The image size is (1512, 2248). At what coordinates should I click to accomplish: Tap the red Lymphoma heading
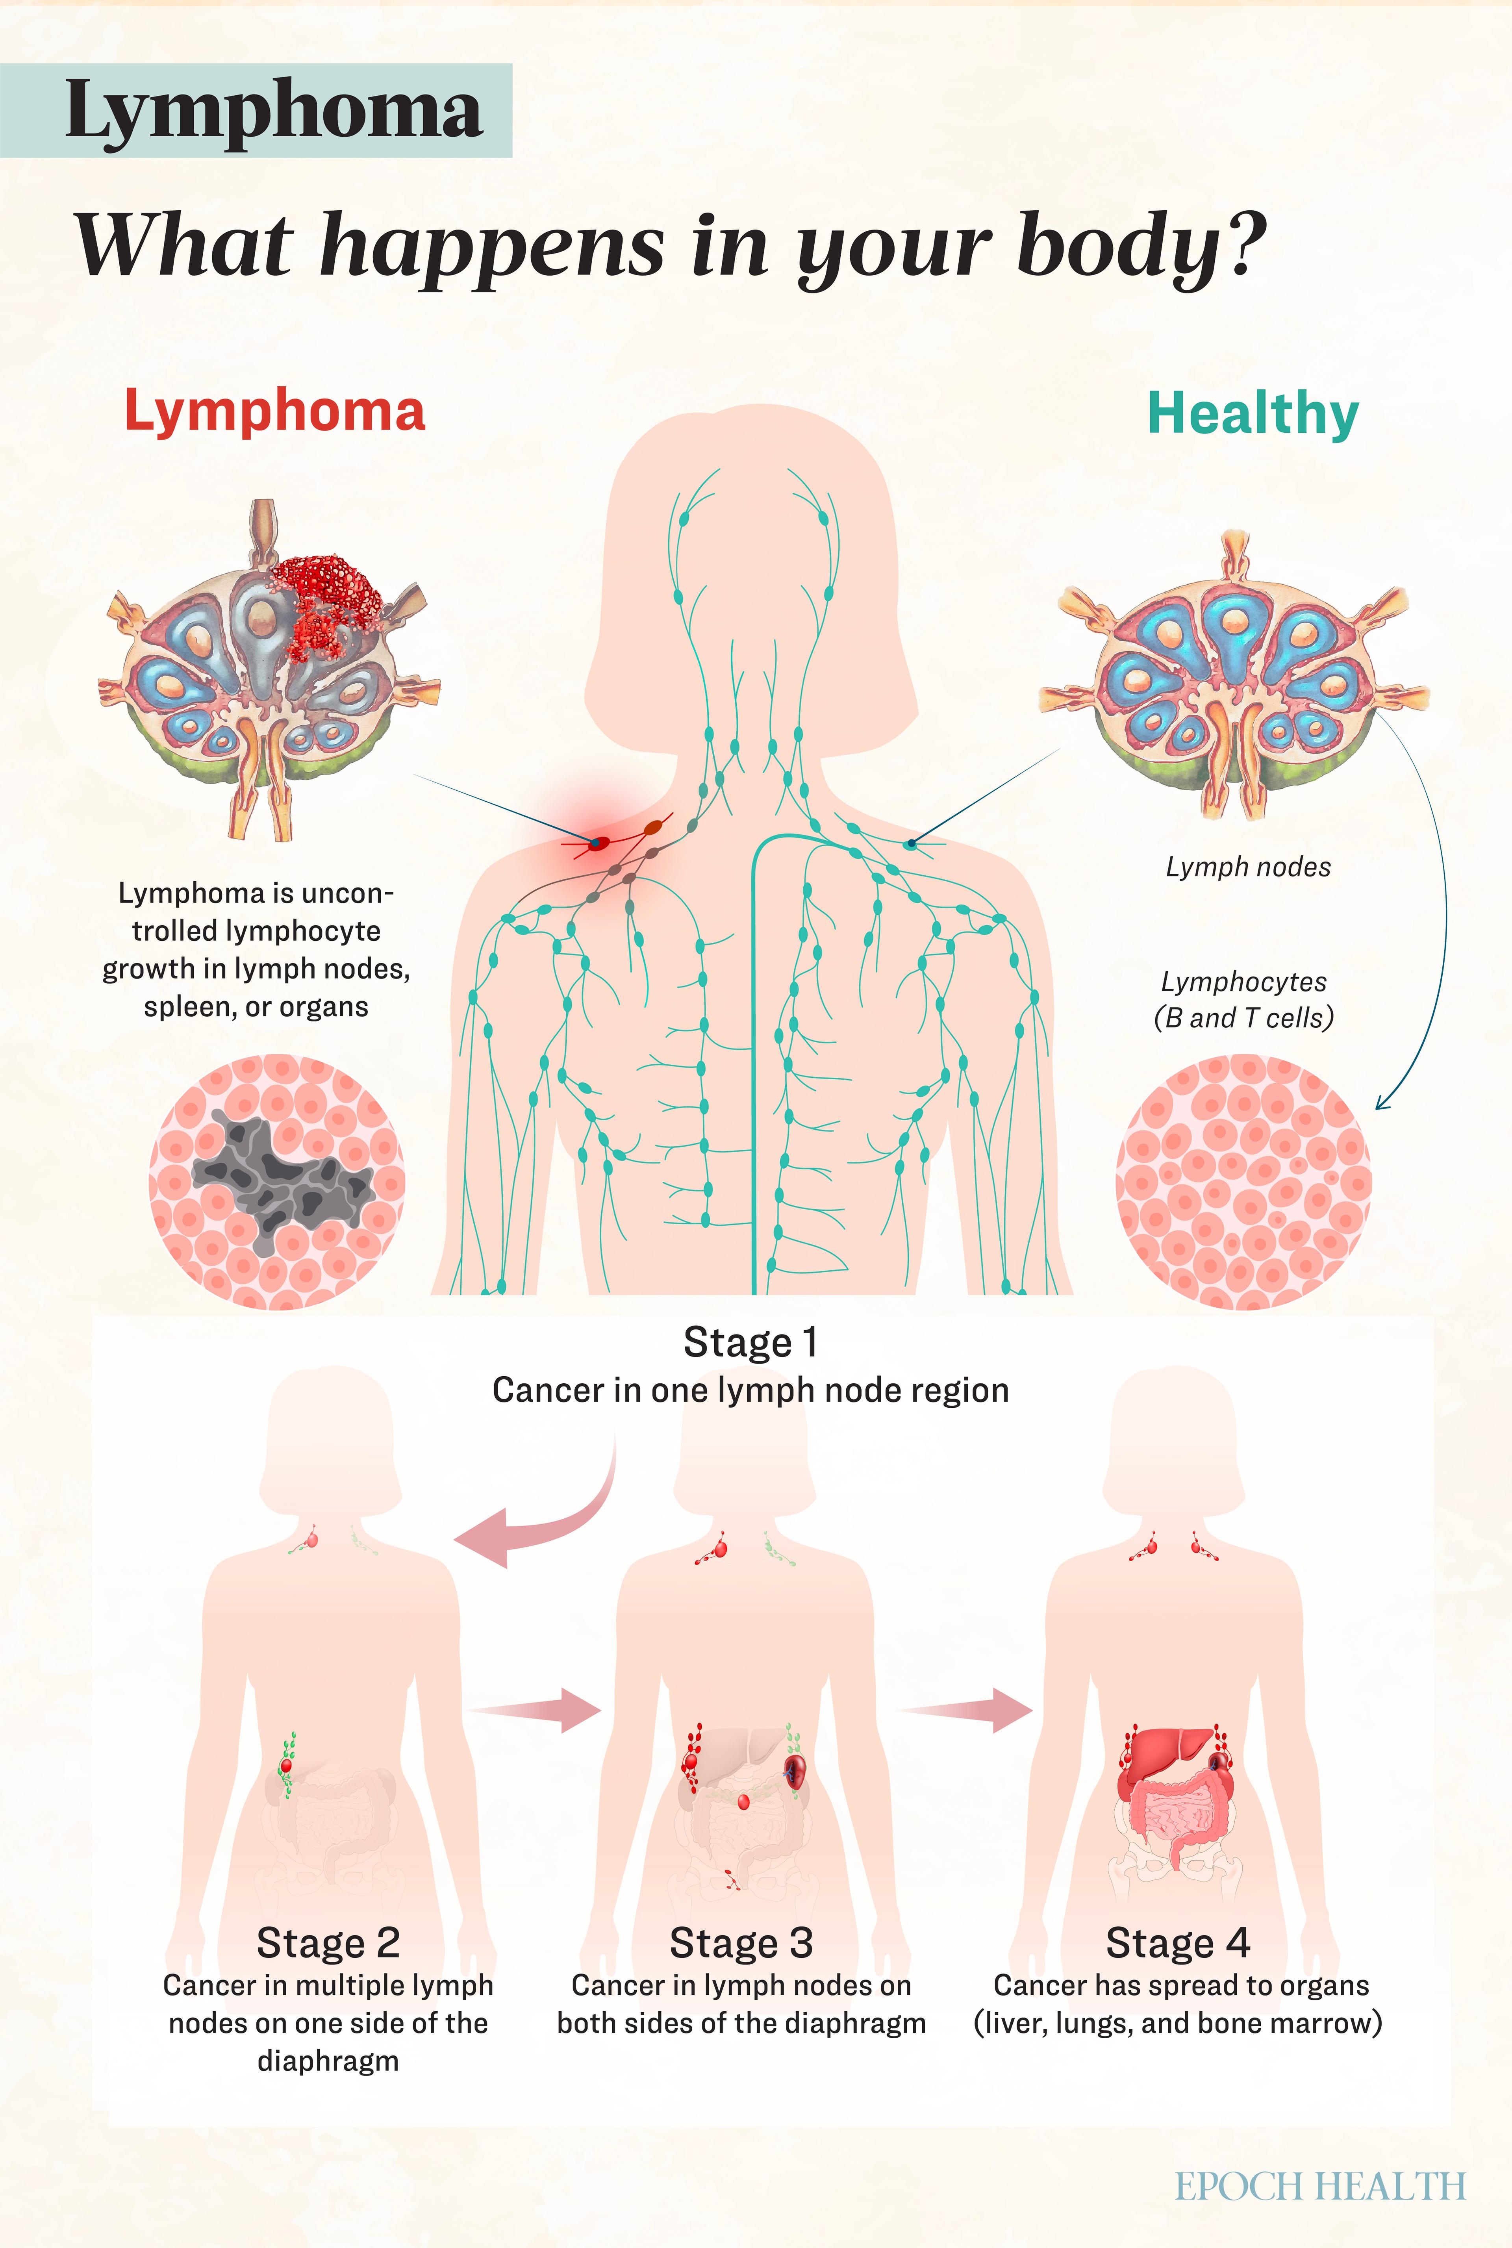pos(275,412)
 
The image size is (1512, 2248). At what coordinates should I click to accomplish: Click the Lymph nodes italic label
pos(1248,867)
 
